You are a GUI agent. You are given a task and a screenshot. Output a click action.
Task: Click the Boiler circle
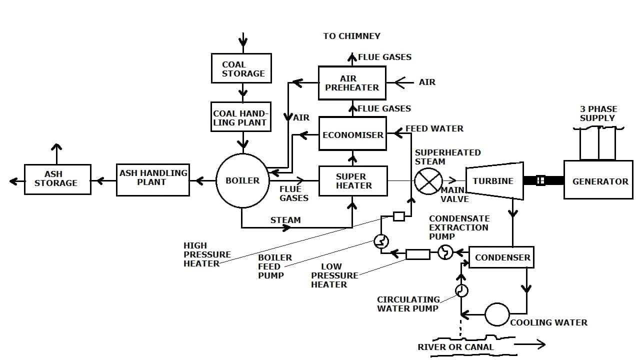pyautogui.click(x=242, y=180)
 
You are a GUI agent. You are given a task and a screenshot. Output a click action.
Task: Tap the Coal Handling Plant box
pyautogui.click(x=241, y=117)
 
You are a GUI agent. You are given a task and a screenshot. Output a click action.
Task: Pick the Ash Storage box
pyautogui.click(x=57, y=179)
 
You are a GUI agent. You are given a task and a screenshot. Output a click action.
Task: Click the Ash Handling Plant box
pyautogui.click(x=153, y=179)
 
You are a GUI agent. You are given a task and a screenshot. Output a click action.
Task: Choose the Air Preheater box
pyautogui.click(x=352, y=83)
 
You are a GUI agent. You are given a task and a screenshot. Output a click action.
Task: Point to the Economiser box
pyautogui.click(x=352, y=134)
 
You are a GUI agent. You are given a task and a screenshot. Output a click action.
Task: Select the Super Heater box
pyautogui.click(x=353, y=181)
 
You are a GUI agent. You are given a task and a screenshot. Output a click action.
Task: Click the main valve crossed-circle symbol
pyautogui.click(x=428, y=181)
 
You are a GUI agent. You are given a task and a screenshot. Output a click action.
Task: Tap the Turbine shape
pyautogui.click(x=494, y=181)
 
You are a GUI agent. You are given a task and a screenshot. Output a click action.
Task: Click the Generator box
pyautogui.click(x=598, y=180)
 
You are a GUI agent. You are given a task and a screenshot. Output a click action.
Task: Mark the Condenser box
pyautogui.click(x=501, y=257)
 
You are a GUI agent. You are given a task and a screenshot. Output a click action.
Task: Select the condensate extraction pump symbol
pyautogui.click(x=445, y=253)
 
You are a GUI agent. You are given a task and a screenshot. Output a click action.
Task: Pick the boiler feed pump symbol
pyautogui.click(x=381, y=242)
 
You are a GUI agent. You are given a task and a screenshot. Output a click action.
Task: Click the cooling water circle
pyautogui.click(x=497, y=314)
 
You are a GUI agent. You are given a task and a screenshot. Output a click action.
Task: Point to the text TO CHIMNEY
pyautogui.click(x=351, y=36)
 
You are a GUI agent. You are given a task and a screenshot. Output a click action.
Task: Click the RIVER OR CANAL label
pyautogui.click(x=455, y=347)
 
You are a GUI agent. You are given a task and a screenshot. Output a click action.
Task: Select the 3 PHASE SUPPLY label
pyautogui.click(x=598, y=113)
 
